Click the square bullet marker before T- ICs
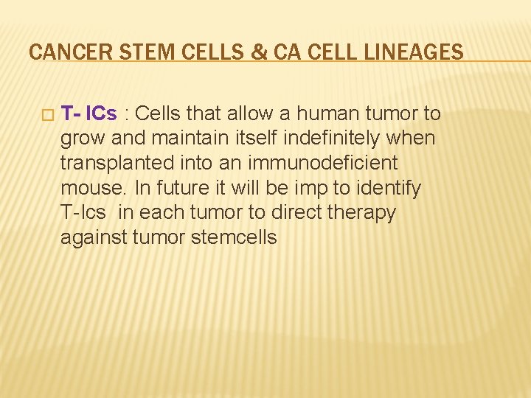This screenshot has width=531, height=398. click(47, 114)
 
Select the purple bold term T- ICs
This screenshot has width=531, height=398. click(88, 114)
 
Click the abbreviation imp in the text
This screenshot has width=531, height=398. click(304, 188)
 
